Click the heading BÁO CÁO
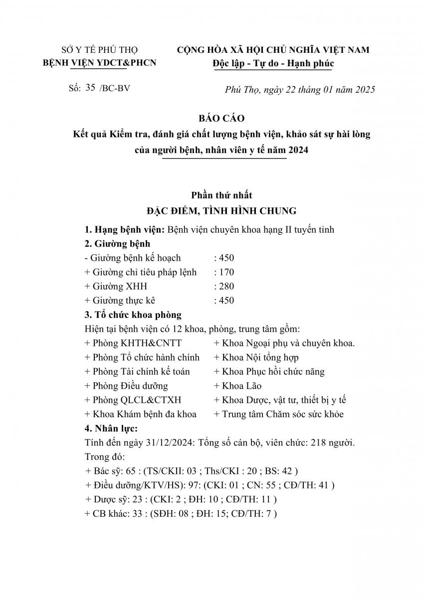coord(211,119)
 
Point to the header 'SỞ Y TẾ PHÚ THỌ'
coord(99,50)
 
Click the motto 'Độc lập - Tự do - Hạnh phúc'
coord(272,63)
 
